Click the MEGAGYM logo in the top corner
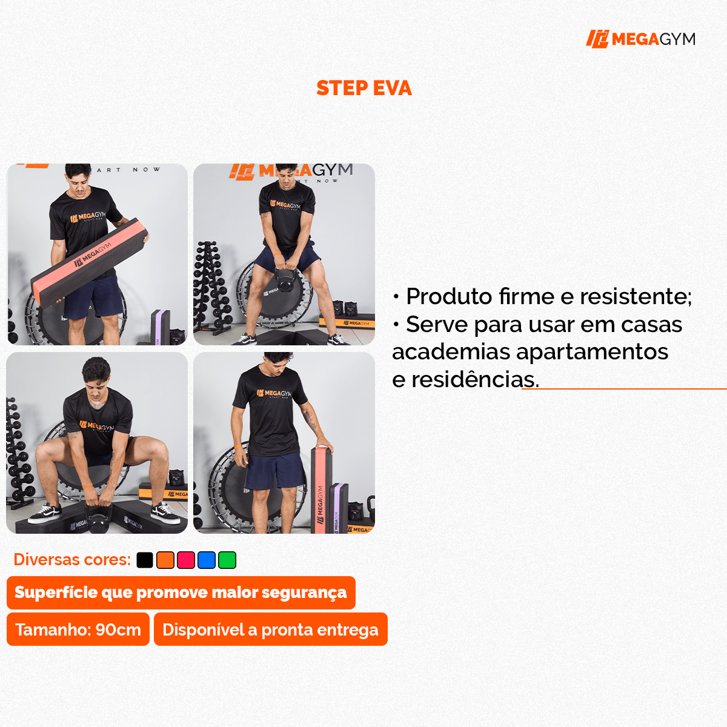(640, 39)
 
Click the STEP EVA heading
(363, 88)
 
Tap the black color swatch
(145, 560)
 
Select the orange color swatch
(165, 560)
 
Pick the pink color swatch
(186, 560)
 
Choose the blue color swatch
(207, 560)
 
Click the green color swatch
(227, 560)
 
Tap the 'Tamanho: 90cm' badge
(78, 629)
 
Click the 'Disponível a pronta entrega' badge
(270, 629)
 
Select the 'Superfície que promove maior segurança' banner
(181, 593)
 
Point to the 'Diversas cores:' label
(72, 559)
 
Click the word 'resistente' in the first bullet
(635, 296)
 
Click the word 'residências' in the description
(474, 380)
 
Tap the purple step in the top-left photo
(159, 327)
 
